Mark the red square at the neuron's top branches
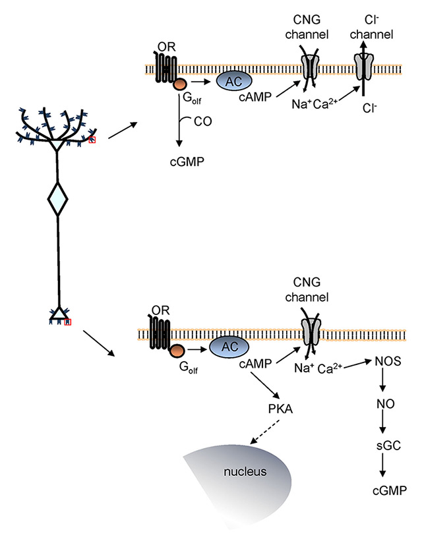click(x=92, y=139)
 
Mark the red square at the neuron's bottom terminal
click(x=68, y=322)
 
